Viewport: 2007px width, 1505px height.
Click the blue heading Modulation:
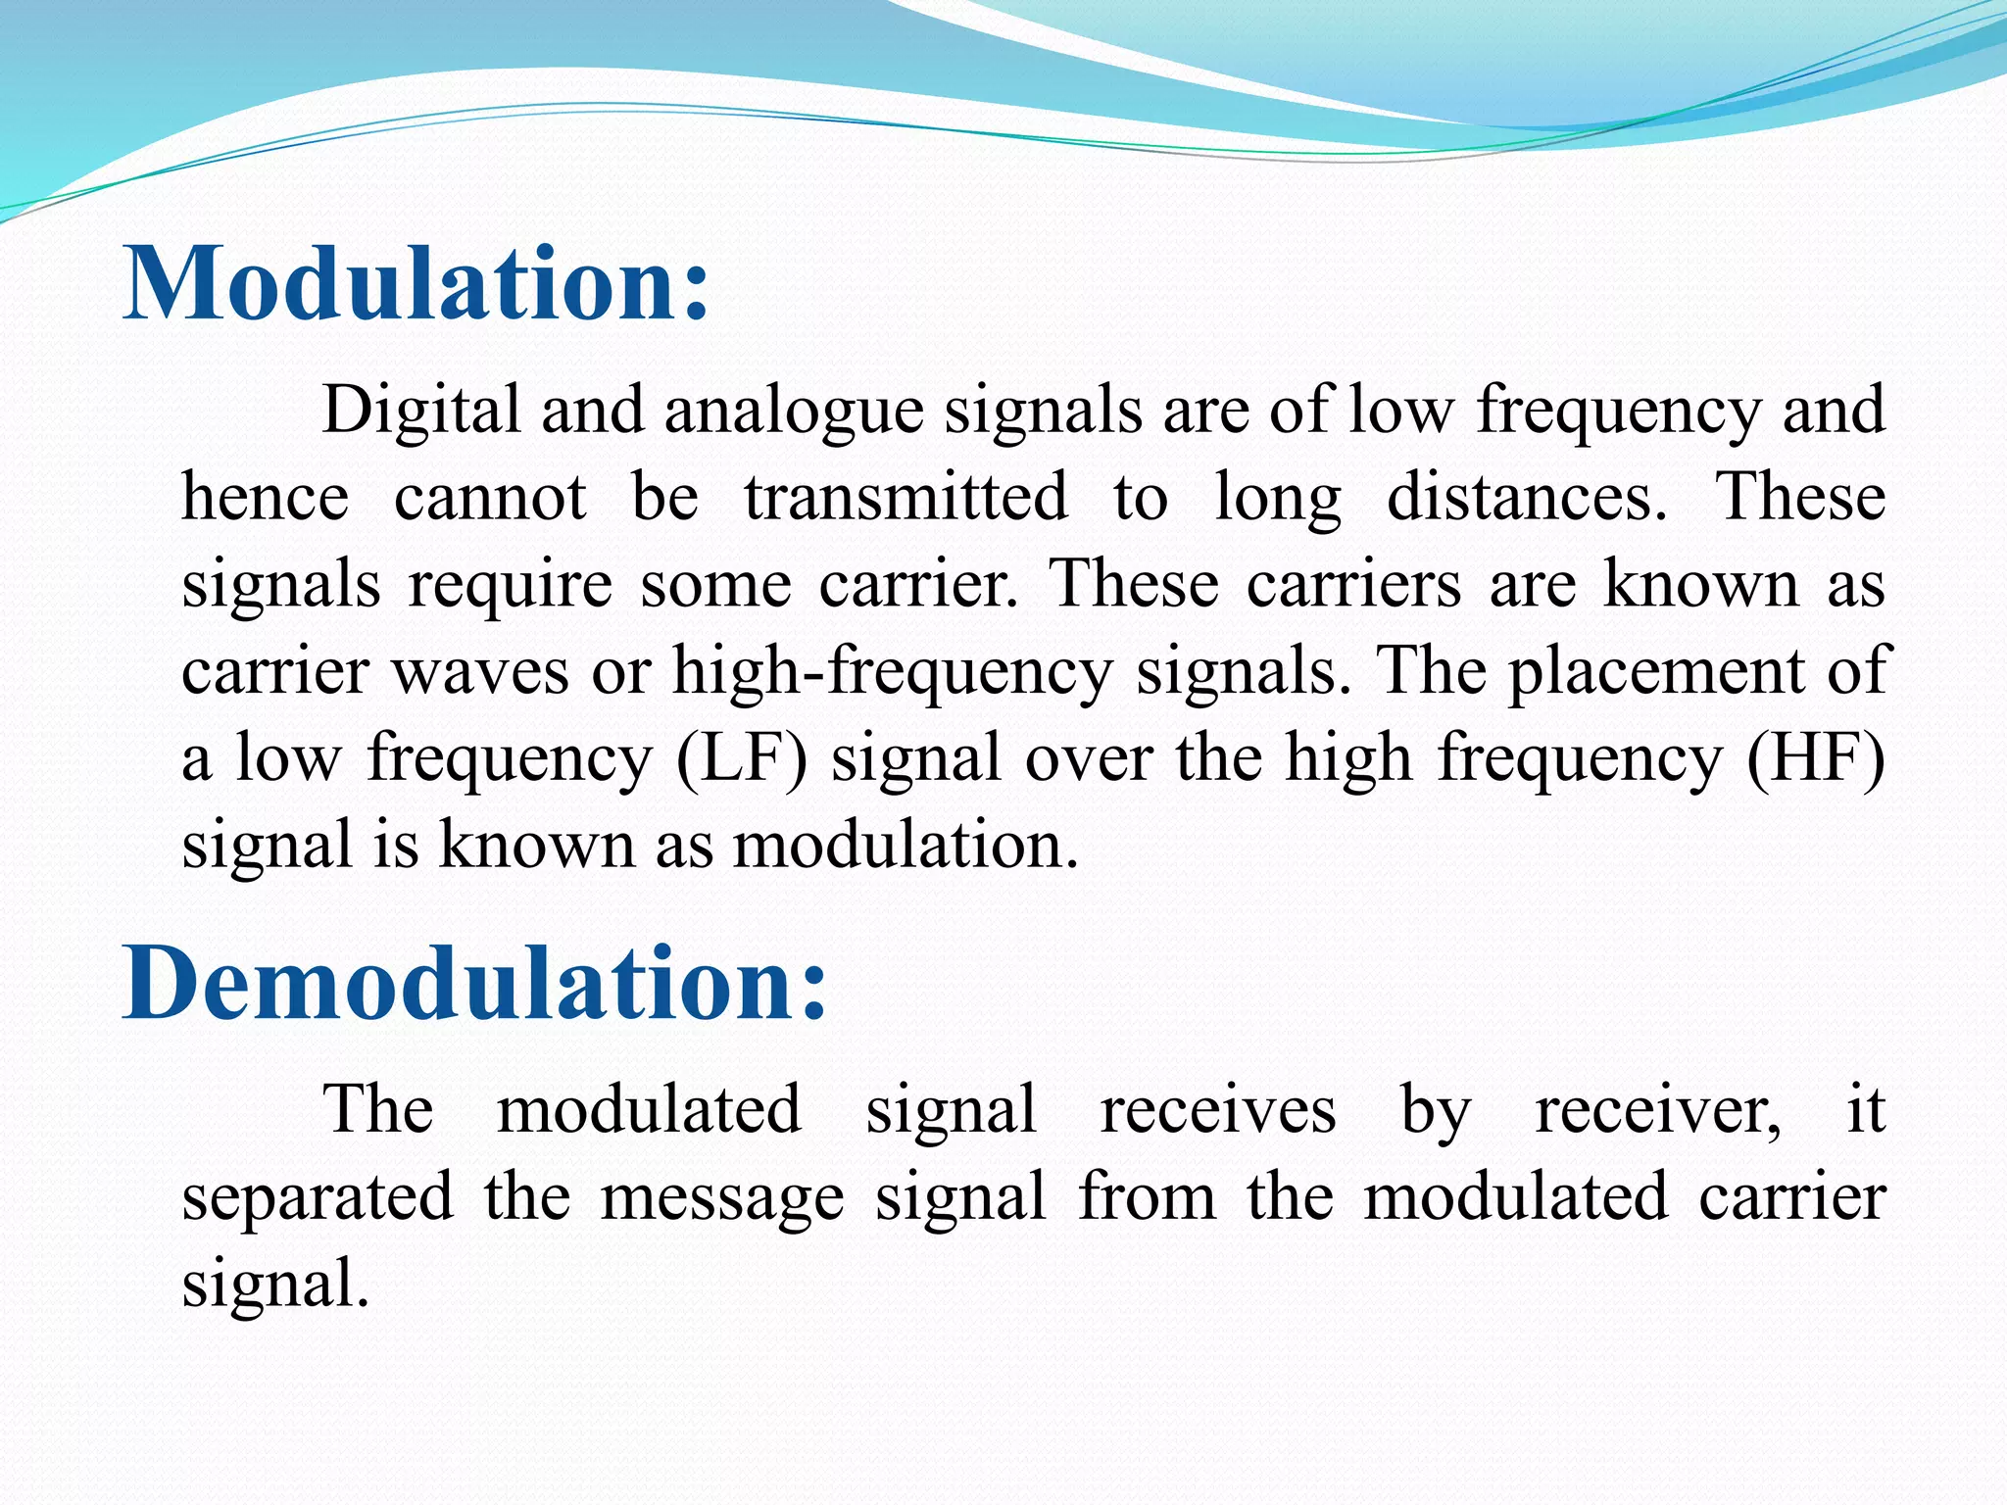pos(416,284)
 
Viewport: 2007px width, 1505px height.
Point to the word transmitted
pos(906,496)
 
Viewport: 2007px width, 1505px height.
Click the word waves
pos(480,672)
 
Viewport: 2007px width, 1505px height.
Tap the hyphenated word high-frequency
pos(892,672)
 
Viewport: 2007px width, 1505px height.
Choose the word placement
pos(1656,672)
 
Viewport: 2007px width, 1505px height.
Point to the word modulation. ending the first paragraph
pos(906,845)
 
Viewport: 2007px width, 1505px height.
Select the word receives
pos(1218,1110)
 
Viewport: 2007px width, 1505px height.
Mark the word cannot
pos(490,496)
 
